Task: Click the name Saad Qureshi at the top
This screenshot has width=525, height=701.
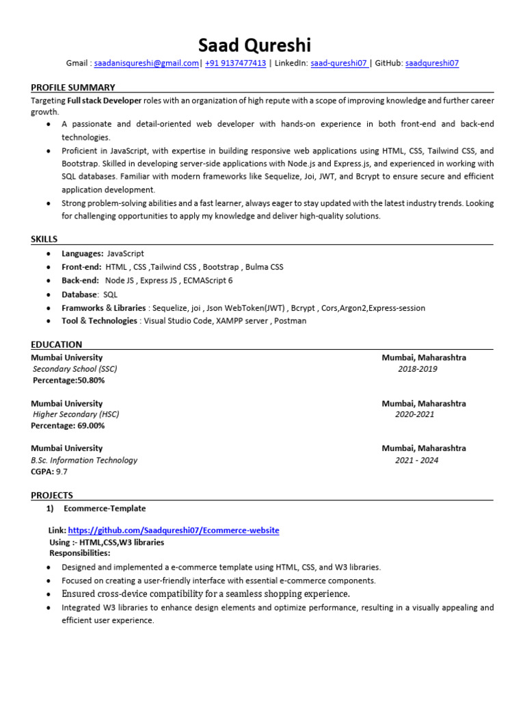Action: click(254, 45)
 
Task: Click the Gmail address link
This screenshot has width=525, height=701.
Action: click(146, 63)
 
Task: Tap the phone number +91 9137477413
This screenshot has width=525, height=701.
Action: click(235, 63)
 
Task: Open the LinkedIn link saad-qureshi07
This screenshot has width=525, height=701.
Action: click(339, 63)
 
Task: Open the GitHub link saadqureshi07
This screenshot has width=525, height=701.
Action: click(432, 63)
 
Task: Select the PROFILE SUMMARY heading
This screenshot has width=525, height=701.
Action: click(73, 87)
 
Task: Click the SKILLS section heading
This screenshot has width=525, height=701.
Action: click(44, 239)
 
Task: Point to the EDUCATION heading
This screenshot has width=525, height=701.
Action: click(57, 344)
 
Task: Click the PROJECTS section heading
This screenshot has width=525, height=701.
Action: click(52, 495)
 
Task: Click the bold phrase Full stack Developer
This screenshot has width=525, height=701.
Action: click(105, 100)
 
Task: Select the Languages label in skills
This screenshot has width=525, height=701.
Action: click(83, 253)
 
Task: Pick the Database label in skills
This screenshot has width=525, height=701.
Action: click(80, 294)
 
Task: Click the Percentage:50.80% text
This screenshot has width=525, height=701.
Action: click(69, 380)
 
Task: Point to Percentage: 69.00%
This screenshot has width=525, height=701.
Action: click(68, 425)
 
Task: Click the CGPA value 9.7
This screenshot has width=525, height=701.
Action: click(62, 471)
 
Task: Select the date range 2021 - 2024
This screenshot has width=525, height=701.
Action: click(416, 460)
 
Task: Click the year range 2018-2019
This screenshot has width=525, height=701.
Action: click(418, 369)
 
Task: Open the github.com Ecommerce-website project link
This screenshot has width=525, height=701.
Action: click(174, 531)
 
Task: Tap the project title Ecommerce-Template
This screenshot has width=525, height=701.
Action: click(105, 509)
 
